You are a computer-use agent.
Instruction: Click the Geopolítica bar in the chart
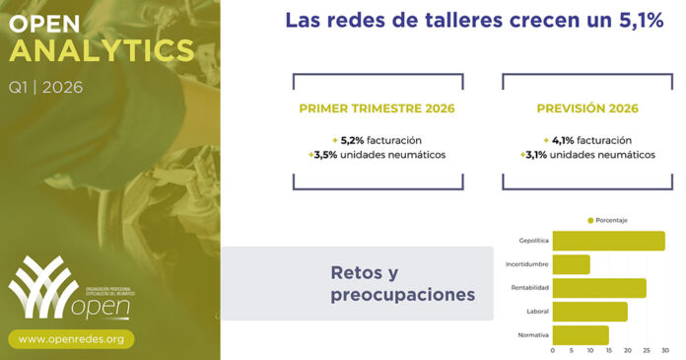[x=608, y=241]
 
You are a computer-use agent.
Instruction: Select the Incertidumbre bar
[x=572, y=264]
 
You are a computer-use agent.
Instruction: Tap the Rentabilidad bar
[x=599, y=288]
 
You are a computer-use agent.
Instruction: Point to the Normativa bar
[x=581, y=335]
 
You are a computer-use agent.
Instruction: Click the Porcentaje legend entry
[x=610, y=219]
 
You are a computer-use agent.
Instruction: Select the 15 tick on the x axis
[x=609, y=351]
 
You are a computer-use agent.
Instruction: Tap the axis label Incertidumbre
[x=526, y=264]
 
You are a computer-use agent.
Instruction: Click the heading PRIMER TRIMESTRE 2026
[x=378, y=108]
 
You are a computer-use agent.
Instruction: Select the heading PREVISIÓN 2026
[x=586, y=108]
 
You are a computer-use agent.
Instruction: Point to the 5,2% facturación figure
[x=377, y=139]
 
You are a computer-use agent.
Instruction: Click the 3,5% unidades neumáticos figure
[x=378, y=155]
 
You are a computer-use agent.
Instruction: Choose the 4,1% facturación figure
[x=586, y=139]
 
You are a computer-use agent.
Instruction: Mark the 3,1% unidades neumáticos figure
[x=586, y=155]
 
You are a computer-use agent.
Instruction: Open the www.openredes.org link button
[x=72, y=338]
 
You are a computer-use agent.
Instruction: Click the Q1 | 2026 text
[x=45, y=87]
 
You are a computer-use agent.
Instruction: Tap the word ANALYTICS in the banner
[x=102, y=49]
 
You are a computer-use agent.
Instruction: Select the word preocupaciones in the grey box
[x=403, y=294]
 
